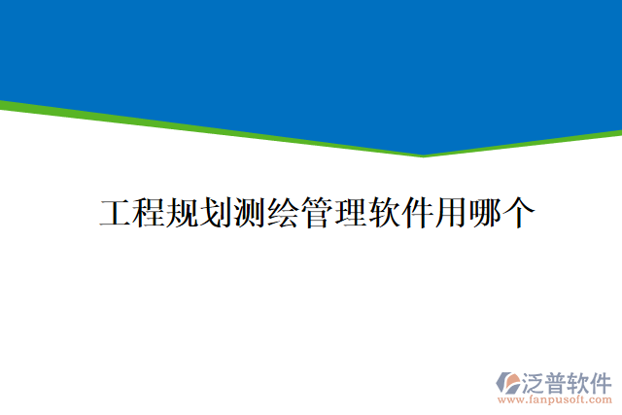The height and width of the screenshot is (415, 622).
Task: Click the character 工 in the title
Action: point(116,213)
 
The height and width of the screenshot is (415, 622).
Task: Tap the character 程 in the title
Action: point(149,213)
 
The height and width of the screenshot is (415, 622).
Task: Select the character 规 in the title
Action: point(182,213)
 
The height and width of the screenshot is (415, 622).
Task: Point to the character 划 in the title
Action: point(215,213)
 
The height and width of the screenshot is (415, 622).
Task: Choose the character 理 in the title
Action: point(349,213)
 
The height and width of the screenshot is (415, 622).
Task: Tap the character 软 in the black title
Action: point(383,213)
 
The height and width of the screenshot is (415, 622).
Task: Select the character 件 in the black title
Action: point(416,213)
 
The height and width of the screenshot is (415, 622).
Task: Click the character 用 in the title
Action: point(450,213)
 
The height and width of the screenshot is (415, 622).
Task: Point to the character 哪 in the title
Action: point(483,213)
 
